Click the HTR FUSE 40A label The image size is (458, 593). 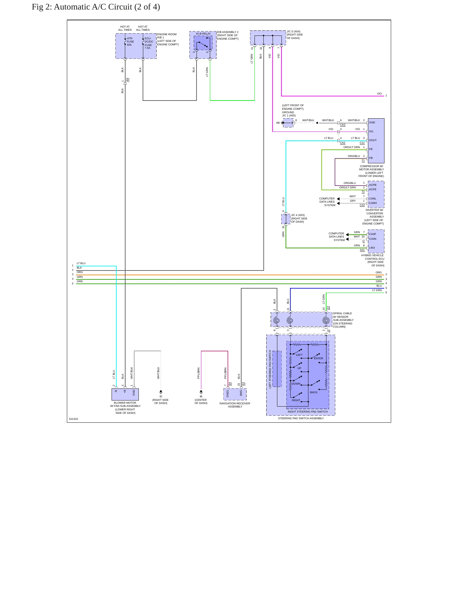coord(130,42)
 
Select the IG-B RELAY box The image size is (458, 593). coord(203,45)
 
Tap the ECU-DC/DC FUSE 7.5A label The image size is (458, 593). coord(149,43)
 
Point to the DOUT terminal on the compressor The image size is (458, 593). coord(373,140)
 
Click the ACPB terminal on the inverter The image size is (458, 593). coord(373,185)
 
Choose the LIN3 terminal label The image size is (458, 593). coord(372,248)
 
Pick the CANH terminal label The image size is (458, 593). coord(373,203)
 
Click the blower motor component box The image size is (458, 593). coord(125,394)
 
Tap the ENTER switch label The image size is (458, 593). coord(319,358)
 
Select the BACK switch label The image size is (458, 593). coord(314,392)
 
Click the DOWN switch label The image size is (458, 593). coord(296,384)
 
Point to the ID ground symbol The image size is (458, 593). coord(161,392)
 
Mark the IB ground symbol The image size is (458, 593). coord(201,392)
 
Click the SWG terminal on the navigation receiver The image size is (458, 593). coord(241,393)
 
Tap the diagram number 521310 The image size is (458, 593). coord(74,419)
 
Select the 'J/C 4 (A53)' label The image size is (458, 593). coord(298,215)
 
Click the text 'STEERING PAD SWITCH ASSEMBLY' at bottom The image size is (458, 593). coord(301,418)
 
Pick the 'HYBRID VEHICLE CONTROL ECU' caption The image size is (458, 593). coord(373,257)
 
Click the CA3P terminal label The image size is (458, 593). coord(372,234)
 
